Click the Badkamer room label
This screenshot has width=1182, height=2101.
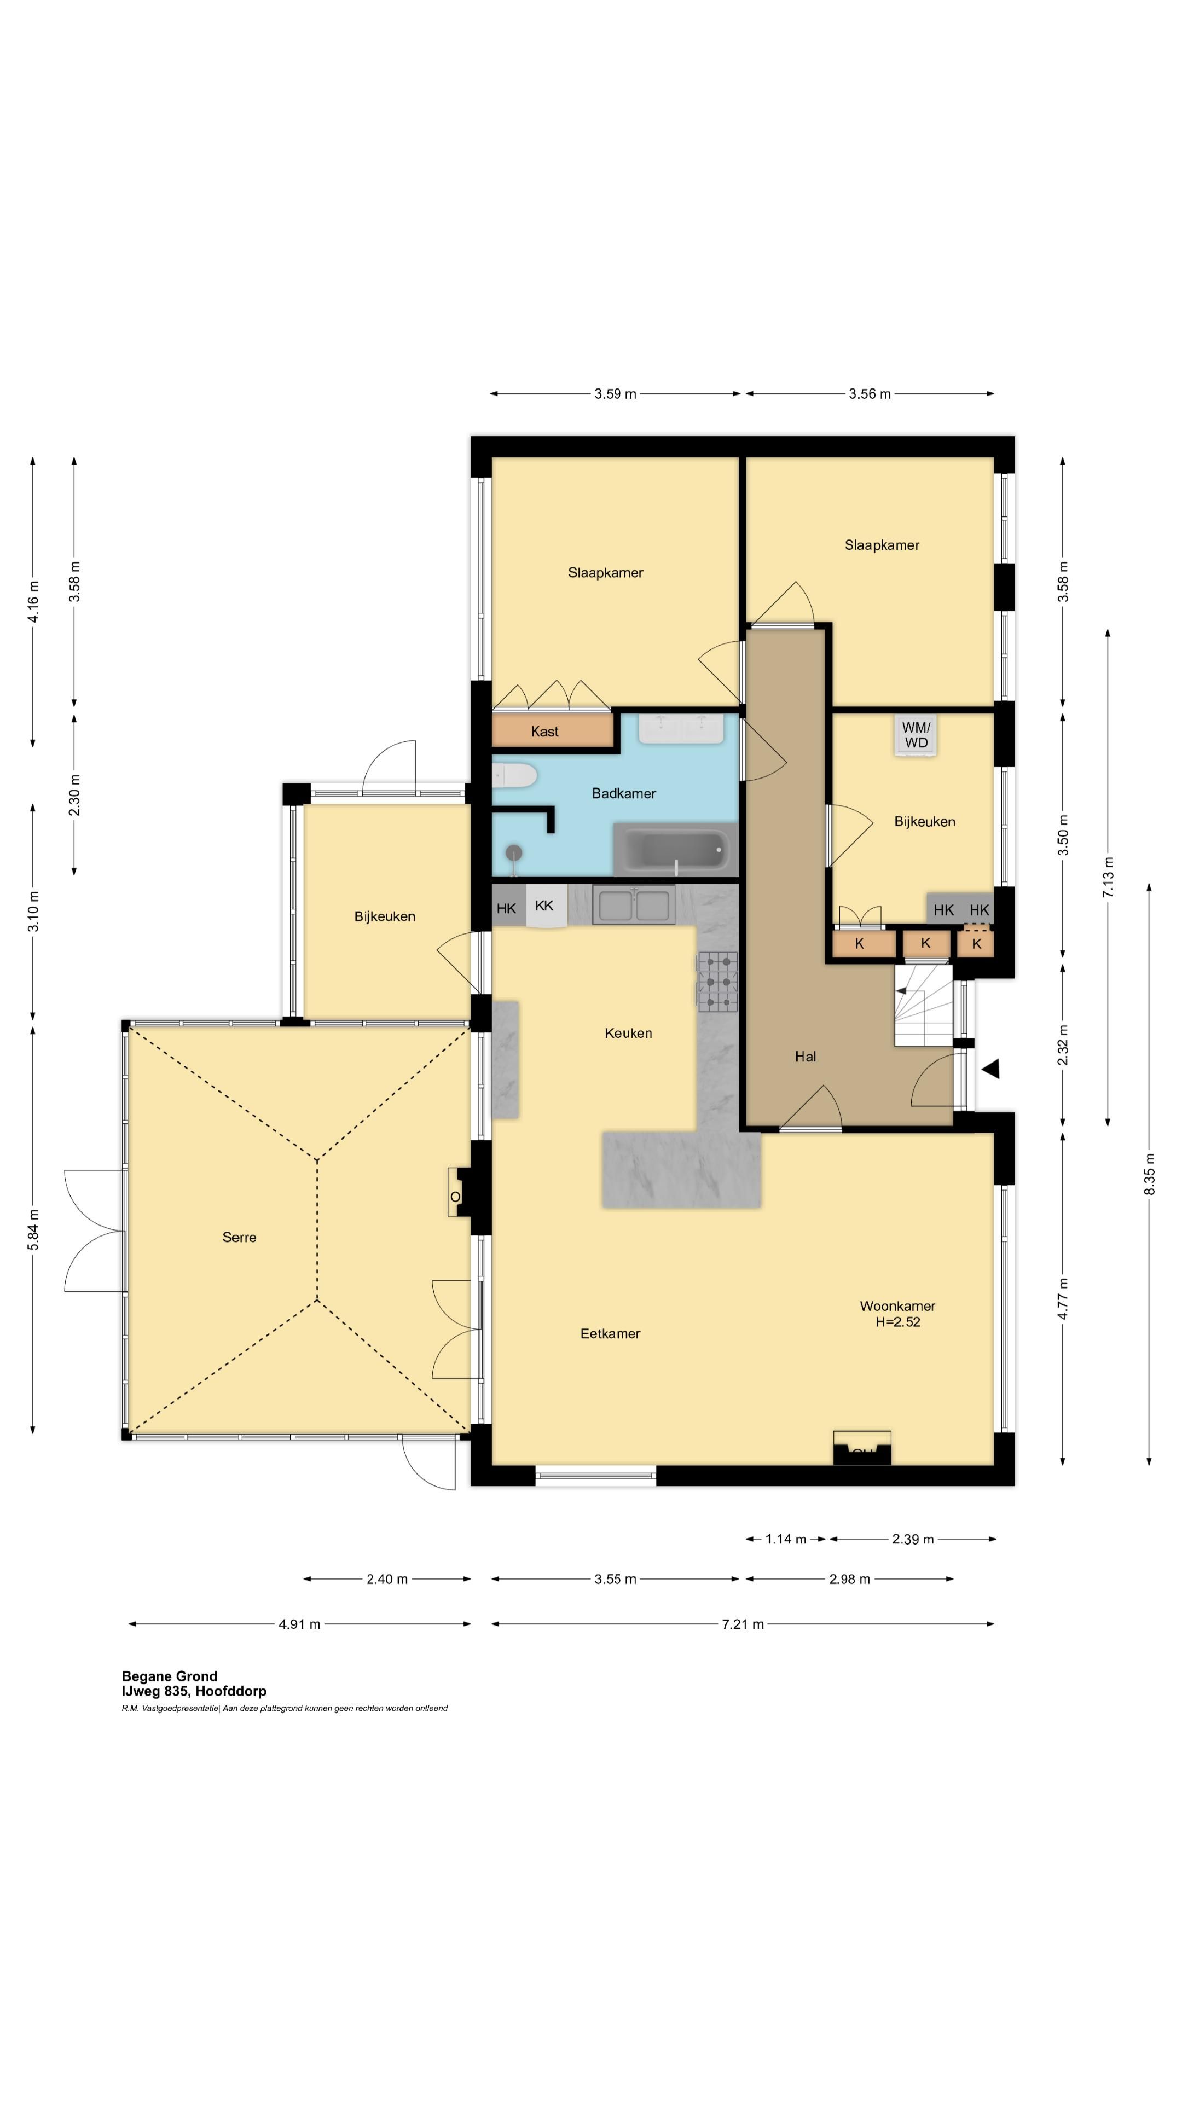point(623,793)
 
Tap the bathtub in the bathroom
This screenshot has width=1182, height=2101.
point(675,850)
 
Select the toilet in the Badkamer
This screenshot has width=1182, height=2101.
point(514,775)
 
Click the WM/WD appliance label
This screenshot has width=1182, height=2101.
point(916,735)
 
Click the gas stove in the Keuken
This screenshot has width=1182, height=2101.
point(717,982)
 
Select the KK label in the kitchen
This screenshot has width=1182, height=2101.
point(544,906)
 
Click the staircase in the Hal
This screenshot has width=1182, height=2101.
point(923,1006)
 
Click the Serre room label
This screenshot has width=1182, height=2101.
point(239,1237)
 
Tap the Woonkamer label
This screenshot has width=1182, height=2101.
point(897,1306)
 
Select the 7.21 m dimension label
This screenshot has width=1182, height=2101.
point(743,1624)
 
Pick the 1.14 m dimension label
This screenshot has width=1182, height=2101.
point(786,1539)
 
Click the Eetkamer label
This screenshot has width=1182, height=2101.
point(610,1333)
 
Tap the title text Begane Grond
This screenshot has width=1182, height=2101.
point(170,1676)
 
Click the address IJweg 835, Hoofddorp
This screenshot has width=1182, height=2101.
point(194,1691)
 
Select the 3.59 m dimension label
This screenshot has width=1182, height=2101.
point(615,394)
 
